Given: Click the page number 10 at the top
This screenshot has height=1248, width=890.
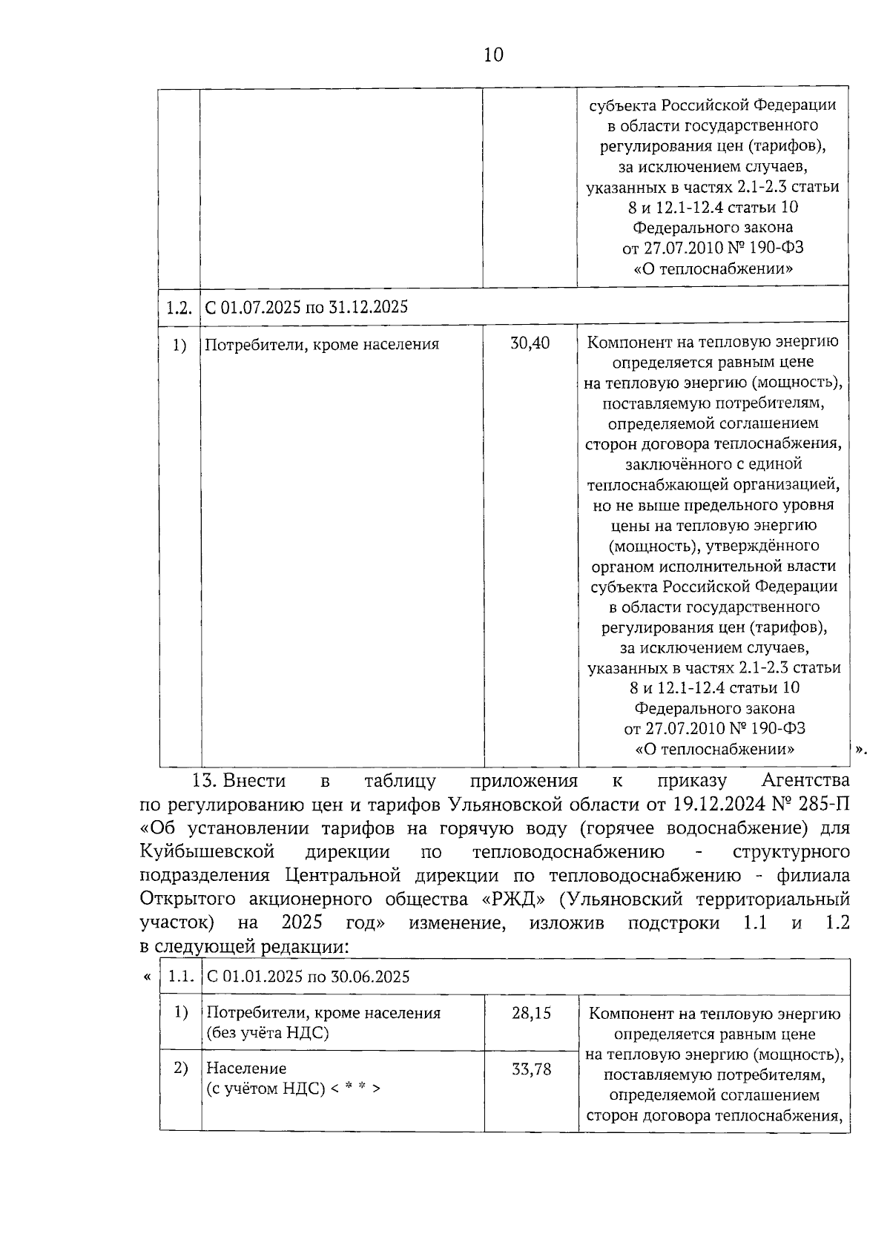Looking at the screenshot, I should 492,55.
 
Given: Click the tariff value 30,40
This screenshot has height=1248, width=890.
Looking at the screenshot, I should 530,343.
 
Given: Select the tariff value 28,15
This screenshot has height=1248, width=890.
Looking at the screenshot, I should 531,1012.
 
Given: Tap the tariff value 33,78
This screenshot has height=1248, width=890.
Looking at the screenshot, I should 531,1069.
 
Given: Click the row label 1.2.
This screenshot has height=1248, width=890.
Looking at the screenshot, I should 179,307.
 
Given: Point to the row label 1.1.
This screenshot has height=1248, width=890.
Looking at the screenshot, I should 181,976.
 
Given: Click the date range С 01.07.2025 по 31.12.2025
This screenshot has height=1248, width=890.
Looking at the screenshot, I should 306,307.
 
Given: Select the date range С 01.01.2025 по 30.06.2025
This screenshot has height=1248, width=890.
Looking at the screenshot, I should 308,977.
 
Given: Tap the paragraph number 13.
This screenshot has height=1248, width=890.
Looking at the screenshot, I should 203,780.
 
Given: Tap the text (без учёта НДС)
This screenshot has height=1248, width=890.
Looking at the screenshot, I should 267,1032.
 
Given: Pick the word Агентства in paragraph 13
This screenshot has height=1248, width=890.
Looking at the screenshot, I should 805,780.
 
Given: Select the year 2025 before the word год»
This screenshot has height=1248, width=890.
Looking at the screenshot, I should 303,922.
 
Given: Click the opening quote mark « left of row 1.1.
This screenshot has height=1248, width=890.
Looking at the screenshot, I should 147,977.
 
